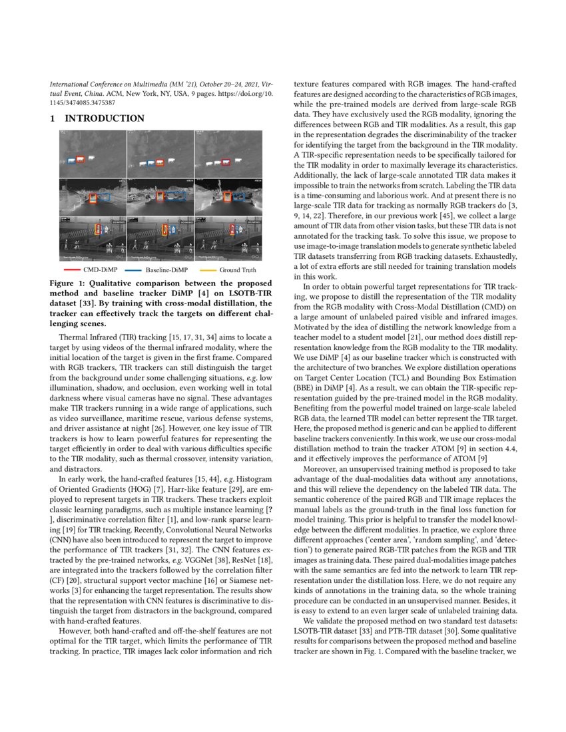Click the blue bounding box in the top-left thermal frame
71,160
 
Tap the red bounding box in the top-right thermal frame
224,162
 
